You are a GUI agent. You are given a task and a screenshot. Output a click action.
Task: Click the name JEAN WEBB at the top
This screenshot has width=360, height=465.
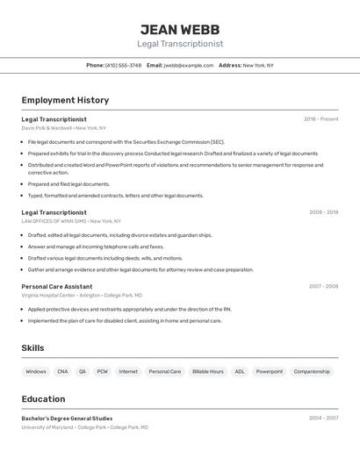click(x=179, y=29)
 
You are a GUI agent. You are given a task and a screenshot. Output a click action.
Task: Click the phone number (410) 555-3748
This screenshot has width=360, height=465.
click(x=123, y=65)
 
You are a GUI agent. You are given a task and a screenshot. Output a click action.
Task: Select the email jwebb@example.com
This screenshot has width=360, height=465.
click(x=188, y=65)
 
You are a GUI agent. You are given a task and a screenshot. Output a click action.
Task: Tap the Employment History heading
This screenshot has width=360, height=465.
click(x=65, y=100)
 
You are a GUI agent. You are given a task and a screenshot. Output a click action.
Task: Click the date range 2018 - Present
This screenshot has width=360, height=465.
click(x=320, y=119)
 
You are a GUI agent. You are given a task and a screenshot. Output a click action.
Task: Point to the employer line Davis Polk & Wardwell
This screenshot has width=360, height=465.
click(x=63, y=128)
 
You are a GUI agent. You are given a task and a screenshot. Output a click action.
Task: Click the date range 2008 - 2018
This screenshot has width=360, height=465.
click(x=323, y=212)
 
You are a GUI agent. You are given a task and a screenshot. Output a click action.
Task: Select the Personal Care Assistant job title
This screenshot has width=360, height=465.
click(x=57, y=286)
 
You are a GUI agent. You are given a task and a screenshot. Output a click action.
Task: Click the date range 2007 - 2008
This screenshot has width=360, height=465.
click(x=323, y=286)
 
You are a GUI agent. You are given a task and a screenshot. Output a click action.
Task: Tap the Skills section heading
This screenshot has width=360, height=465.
click(x=32, y=348)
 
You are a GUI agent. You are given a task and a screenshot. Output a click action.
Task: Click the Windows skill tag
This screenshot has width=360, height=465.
click(x=36, y=371)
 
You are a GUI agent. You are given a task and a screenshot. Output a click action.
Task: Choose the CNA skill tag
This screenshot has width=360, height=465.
click(x=62, y=371)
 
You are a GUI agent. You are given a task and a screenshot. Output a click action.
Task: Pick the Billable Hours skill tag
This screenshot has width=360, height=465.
click(x=208, y=371)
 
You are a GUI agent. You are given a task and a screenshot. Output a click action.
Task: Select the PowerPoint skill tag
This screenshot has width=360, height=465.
click(x=270, y=371)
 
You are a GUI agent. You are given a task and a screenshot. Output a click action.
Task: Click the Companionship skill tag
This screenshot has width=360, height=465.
click(x=312, y=371)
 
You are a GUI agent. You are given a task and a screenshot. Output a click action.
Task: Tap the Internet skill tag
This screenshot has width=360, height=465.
click(x=128, y=371)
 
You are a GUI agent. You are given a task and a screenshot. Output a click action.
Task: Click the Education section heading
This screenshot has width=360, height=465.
click(x=43, y=398)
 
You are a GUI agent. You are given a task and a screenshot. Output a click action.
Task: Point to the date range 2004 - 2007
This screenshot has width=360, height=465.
click(x=323, y=418)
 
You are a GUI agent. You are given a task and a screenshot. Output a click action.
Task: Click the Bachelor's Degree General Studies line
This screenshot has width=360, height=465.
click(x=67, y=418)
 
